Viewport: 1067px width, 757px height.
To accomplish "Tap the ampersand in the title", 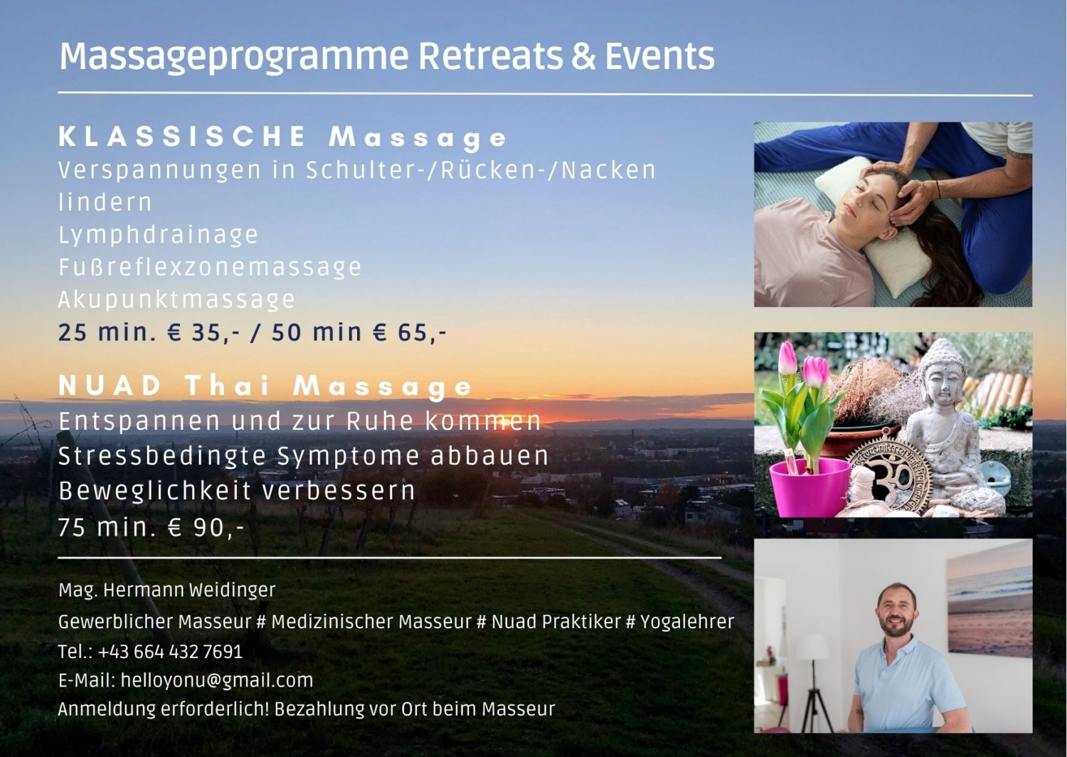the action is (x=583, y=56).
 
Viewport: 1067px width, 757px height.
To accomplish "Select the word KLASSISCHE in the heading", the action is (x=183, y=137).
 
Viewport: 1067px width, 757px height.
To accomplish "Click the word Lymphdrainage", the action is (x=158, y=235).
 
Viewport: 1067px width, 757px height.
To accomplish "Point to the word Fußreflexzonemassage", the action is (x=210, y=268).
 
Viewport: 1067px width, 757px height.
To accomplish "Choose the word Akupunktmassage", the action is (x=176, y=300).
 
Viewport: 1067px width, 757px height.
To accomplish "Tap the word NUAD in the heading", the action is (x=110, y=386).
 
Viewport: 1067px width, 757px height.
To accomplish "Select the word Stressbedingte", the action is (x=162, y=456).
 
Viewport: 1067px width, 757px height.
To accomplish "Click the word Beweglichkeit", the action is (x=155, y=491).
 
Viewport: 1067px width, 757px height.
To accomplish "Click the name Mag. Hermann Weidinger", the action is (x=167, y=591).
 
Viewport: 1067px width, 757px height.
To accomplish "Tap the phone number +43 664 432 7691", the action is (x=171, y=652).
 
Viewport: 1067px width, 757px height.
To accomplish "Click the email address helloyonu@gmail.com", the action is (x=217, y=680).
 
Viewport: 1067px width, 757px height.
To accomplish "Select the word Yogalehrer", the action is (x=687, y=622).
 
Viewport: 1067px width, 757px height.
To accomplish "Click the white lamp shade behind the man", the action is (x=813, y=647).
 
